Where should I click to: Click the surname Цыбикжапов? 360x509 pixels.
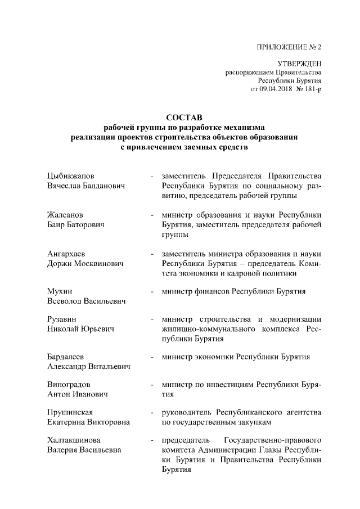tap(71, 175)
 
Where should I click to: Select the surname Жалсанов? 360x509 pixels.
tap(66, 215)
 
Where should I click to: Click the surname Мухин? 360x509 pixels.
tap(59, 291)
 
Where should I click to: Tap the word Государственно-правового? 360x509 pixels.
tap(272, 440)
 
